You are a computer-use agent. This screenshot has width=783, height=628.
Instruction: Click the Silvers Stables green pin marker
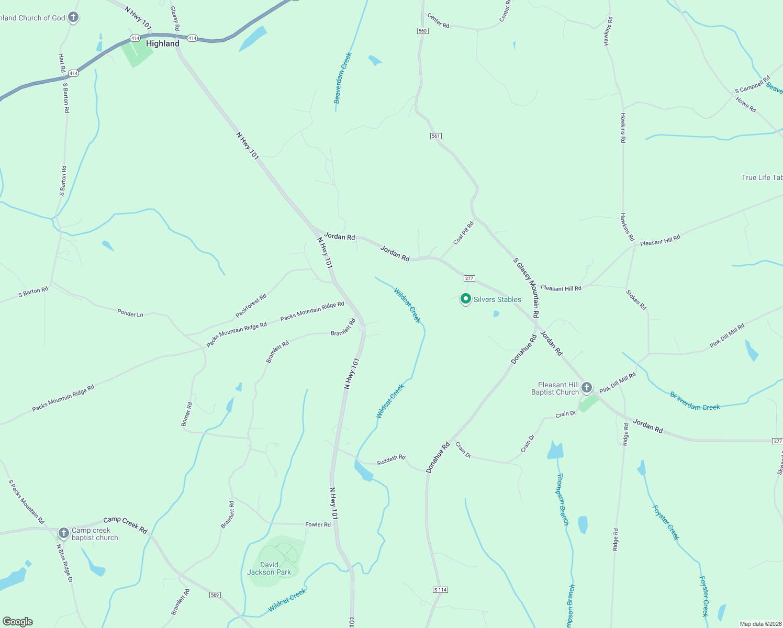point(465,299)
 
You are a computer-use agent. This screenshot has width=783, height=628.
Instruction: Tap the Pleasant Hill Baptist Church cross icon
point(587,388)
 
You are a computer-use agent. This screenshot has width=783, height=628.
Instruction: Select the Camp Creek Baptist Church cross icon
point(63,533)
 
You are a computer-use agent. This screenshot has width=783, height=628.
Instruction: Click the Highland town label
point(162,43)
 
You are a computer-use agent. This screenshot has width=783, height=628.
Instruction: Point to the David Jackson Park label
point(269,568)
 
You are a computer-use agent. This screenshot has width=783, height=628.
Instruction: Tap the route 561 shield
point(435,136)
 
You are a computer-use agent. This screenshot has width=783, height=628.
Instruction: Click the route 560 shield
point(423,31)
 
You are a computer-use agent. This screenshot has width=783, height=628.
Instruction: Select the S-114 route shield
point(440,590)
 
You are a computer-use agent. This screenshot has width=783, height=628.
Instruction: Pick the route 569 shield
point(215,595)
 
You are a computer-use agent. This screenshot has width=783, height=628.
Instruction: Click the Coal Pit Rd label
point(464,233)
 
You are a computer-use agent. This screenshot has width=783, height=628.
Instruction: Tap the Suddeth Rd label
point(391,459)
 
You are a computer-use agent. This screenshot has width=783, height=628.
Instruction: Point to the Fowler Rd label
point(318,524)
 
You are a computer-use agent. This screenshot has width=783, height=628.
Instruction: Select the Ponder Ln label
point(130,313)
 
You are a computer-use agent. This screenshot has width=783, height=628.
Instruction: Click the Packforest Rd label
point(251,306)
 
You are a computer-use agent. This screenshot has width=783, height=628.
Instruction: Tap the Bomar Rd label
point(186,414)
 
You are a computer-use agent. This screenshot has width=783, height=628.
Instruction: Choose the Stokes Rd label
point(636,299)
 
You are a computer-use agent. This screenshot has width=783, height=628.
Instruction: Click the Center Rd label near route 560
point(438,21)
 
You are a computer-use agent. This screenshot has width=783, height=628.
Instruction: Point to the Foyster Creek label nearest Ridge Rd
point(666,522)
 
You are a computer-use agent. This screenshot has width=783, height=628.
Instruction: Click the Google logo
point(18,622)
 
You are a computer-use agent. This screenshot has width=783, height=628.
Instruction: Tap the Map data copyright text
point(760,624)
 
